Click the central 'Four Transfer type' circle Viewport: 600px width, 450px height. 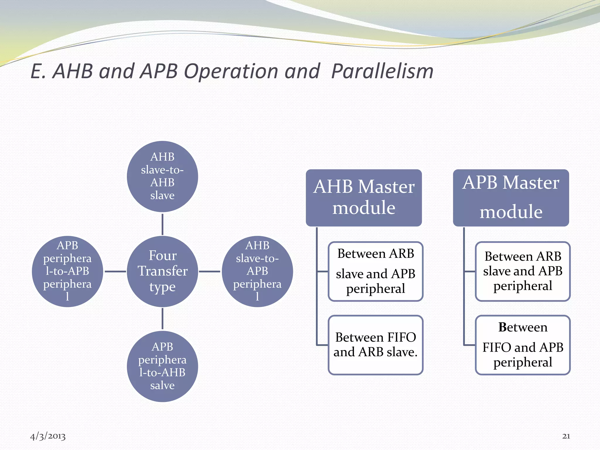162,271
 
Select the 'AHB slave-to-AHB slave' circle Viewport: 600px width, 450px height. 162,176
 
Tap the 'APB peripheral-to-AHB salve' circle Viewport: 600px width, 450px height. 162,366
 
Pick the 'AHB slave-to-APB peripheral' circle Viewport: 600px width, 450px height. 257,271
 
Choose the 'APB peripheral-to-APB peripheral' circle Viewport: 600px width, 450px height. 67,271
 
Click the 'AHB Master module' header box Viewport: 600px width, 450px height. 364,198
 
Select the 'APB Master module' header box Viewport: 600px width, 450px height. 511,198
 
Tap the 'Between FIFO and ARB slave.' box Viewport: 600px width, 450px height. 376,345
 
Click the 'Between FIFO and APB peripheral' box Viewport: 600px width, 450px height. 523,345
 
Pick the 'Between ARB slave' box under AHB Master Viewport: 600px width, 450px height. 376,271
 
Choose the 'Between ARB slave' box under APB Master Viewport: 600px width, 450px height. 523,271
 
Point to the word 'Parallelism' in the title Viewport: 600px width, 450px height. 382,71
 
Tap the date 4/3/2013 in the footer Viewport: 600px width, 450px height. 48,436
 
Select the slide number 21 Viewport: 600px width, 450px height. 566,436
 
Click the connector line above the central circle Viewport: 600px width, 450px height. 162,224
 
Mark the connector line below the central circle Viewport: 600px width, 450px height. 162,319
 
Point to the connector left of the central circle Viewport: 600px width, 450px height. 115,272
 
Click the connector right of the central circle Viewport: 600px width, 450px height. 209,272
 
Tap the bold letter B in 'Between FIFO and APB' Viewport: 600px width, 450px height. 502,327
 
